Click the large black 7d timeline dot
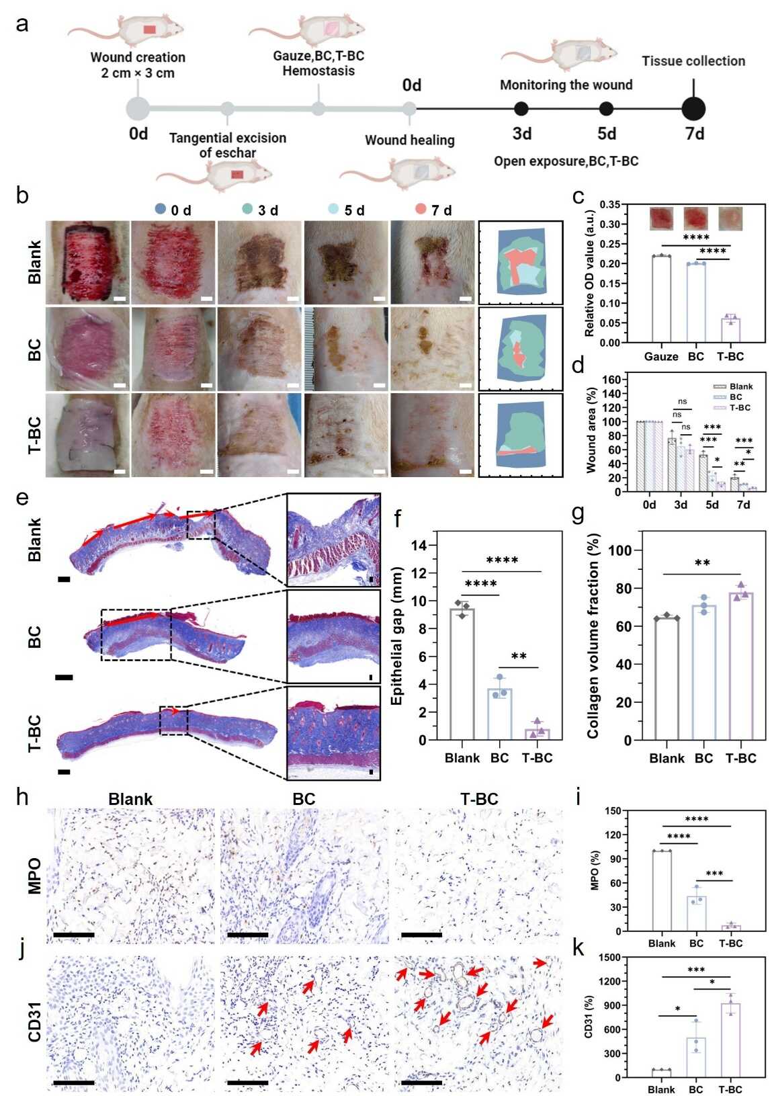[x=693, y=109]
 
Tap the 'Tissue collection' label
[x=693, y=61]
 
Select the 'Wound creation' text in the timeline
[x=138, y=57]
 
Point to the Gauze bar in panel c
[x=661, y=299]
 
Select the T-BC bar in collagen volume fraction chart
[x=740, y=666]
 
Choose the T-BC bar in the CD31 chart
[x=730, y=1041]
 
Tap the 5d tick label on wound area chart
[x=712, y=505]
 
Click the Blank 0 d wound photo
[x=87, y=262]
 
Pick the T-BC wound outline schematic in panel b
[x=521, y=435]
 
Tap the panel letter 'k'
[x=577, y=949]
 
